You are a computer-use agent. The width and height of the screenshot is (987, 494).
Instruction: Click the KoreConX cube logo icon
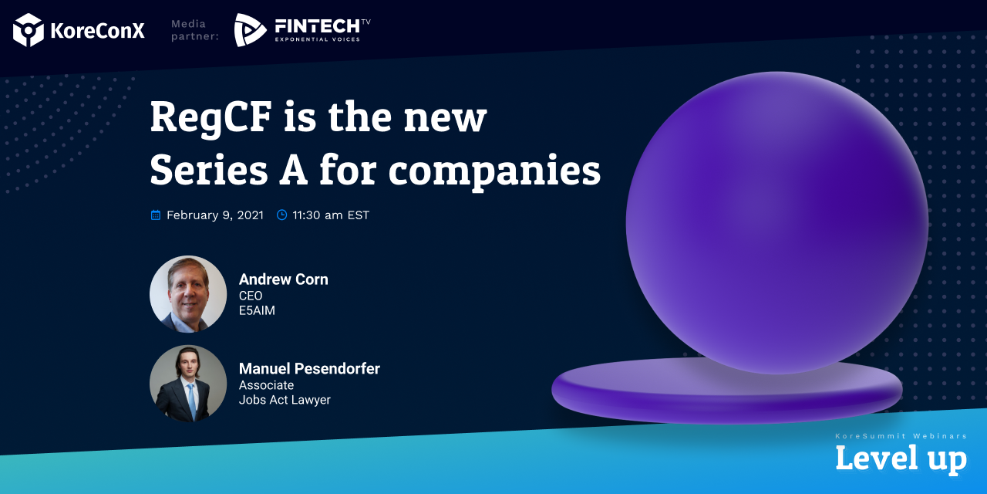pyautogui.click(x=29, y=30)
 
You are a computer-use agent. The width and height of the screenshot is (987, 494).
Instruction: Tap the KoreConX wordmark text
pyautogui.click(x=97, y=30)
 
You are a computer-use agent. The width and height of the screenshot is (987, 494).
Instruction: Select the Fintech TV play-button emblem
pyautogui.click(x=250, y=30)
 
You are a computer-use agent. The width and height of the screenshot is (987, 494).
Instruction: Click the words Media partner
pyautogui.click(x=195, y=30)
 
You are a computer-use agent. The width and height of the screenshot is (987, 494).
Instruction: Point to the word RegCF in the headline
pyautogui.click(x=211, y=118)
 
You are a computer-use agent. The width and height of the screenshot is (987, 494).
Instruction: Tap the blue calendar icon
pyautogui.click(x=156, y=215)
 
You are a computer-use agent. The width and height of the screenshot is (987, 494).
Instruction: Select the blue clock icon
pyautogui.click(x=281, y=215)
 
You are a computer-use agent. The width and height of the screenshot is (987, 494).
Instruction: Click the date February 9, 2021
pyautogui.click(x=215, y=215)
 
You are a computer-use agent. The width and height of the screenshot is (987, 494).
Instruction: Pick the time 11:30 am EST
pyautogui.click(x=331, y=215)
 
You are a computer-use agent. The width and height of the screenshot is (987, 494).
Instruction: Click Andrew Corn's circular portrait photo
pyautogui.click(x=188, y=294)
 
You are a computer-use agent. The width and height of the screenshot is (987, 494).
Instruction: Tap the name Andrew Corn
pyautogui.click(x=283, y=279)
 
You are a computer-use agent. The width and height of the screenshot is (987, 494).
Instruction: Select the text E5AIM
pyautogui.click(x=257, y=310)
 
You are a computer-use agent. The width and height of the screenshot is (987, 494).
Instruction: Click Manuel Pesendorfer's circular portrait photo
pyautogui.click(x=188, y=384)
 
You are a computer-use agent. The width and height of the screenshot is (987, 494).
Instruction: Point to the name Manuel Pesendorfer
pyautogui.click(x=309, y=369)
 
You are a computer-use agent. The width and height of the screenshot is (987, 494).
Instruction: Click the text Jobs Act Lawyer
pyautogui.click(x=285, y=400)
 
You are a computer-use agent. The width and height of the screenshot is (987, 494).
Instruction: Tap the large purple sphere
pyautogui.click(x=776, y=223)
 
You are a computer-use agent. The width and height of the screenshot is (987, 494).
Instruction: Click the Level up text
pyautogui.click(x=901, y=459)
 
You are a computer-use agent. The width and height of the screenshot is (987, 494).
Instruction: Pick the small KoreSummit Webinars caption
pyautogui.click(x=901, y=436)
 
